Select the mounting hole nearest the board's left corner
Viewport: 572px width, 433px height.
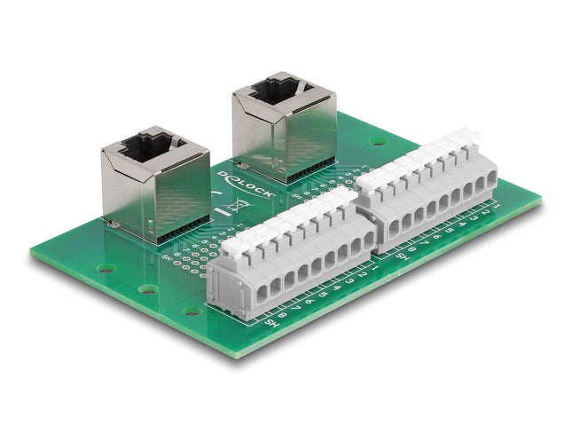(x=106, y=267)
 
